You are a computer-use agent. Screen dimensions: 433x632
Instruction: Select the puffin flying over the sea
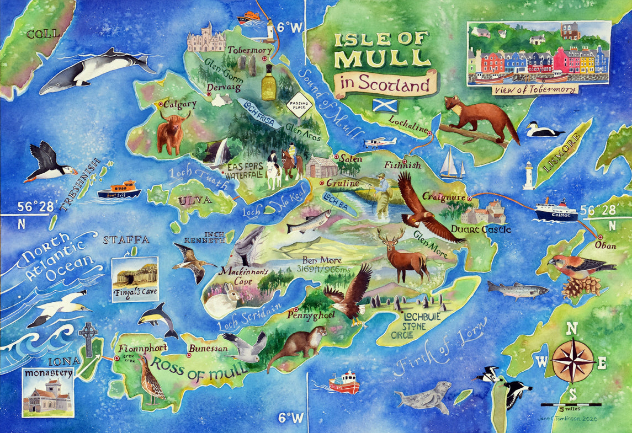pos(49,163)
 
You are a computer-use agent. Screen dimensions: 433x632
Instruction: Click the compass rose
pos(573,361)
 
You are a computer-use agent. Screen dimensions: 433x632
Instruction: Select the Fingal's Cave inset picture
pos(135,279)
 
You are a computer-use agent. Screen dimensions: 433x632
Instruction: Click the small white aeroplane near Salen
pos(380,143)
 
